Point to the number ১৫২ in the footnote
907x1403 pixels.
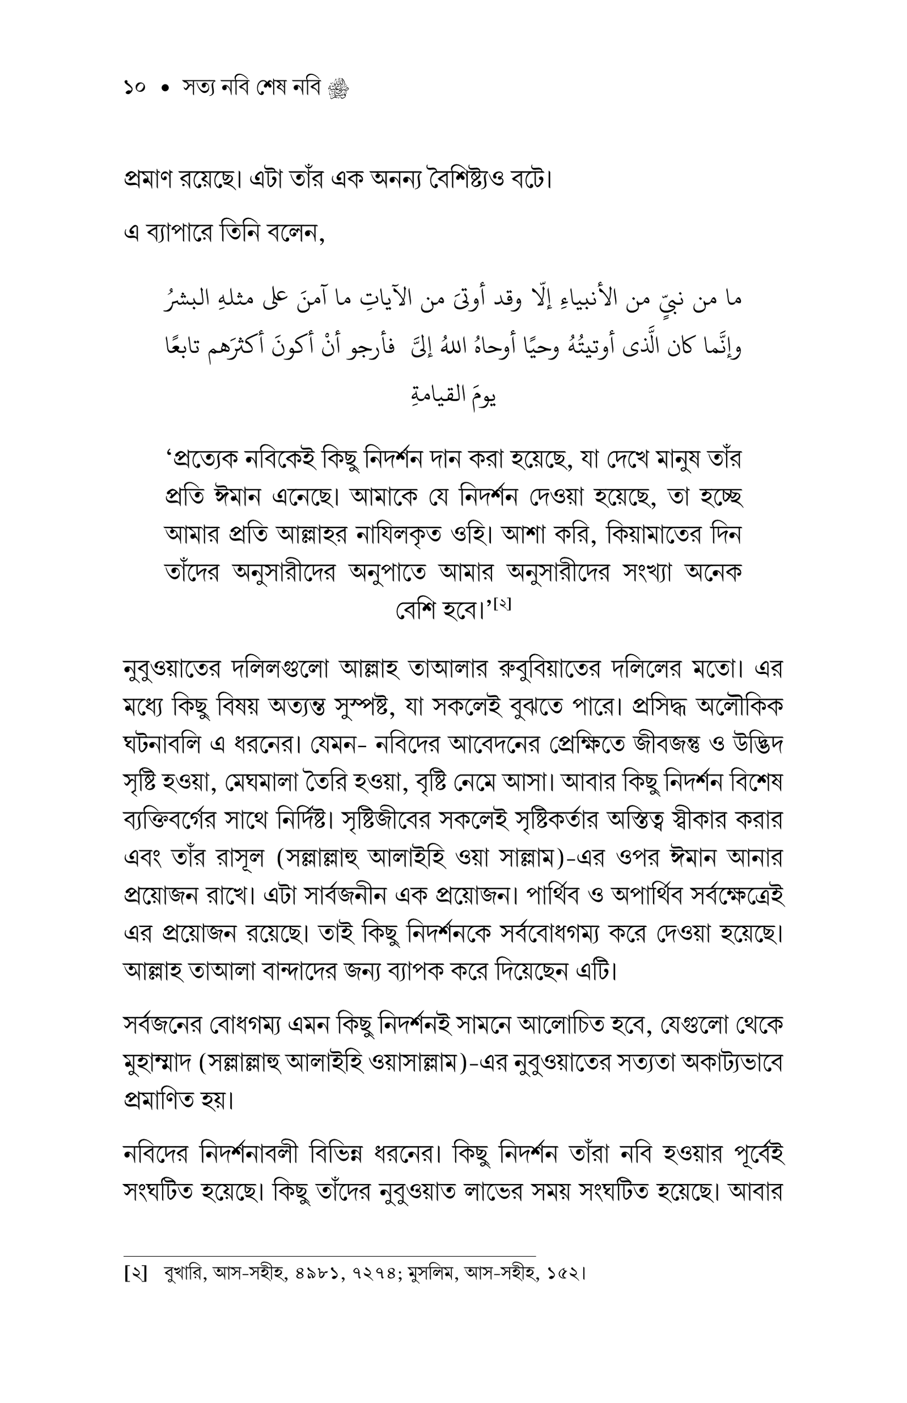click(565, 1273)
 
